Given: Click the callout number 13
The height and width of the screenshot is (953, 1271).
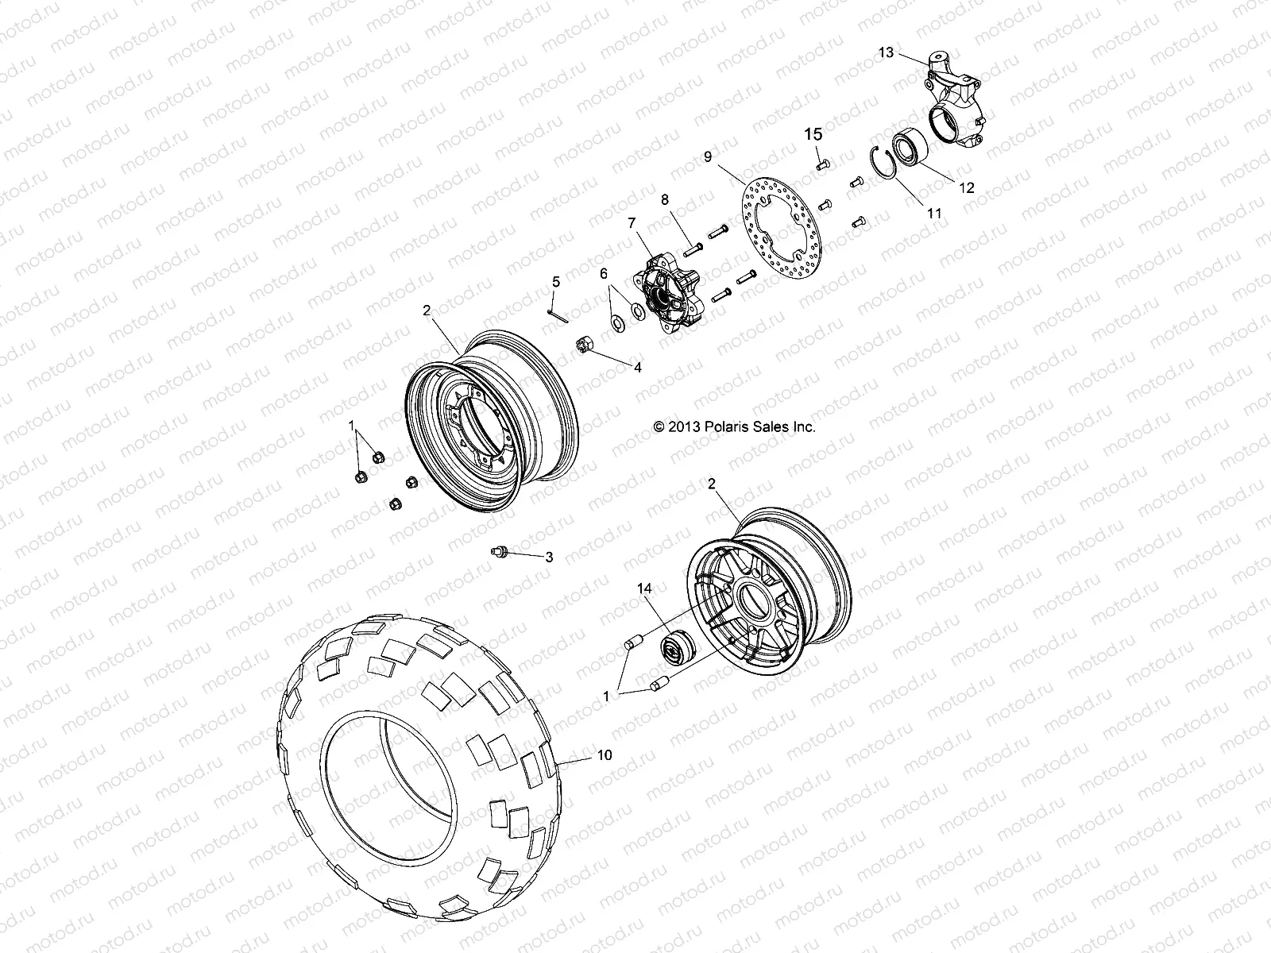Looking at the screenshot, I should pos(886,52).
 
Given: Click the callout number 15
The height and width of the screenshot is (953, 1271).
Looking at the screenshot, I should pos(814,133).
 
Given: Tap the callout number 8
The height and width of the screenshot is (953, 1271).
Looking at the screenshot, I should pos(664,200).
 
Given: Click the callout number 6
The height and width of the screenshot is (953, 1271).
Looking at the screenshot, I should pos(604,272).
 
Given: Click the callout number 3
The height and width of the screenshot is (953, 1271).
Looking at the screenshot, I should pos(548,558).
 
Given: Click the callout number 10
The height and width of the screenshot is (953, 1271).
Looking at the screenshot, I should pos(605,755).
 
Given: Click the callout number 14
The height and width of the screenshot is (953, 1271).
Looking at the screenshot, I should pos(666,588).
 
